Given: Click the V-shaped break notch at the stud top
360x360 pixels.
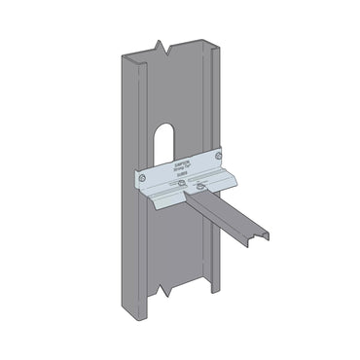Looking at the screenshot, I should (158, 46).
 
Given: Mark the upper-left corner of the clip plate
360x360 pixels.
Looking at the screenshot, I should (135, 172).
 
